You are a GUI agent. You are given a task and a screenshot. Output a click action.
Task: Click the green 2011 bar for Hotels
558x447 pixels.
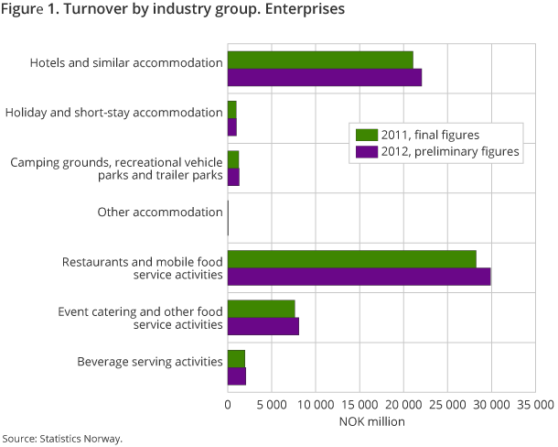[x=320, y=60]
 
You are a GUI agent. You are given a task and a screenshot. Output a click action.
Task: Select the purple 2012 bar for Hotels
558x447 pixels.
[x=325, y=78]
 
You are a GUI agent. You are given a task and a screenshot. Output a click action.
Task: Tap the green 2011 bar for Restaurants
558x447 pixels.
[x=352, y=259]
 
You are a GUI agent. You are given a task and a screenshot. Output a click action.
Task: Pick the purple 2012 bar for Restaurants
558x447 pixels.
[x=359, y=277]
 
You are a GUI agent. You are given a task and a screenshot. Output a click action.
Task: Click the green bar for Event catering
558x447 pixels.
[x=262, y=309]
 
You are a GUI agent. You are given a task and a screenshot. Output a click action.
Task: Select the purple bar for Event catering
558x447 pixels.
[x=263, y=326]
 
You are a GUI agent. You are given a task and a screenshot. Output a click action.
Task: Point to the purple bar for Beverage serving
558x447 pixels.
[x=237, y=376]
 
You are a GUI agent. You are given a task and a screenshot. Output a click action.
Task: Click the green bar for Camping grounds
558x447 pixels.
[x=233, y=159]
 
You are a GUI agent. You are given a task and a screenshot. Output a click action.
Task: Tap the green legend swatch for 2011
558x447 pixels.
[x=367, y=135]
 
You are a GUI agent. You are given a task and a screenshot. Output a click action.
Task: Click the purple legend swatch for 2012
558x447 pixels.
[x=367, y=151]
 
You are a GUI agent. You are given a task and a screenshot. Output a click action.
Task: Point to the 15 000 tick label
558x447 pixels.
[x=359, y=404]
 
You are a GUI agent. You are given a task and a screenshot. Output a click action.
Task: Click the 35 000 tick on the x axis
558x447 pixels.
[x=536, y=404]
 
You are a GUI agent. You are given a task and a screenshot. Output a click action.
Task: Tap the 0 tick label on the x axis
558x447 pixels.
[x=228, y=404]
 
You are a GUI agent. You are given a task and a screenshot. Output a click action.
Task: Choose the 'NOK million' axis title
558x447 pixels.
[x=359, y=421]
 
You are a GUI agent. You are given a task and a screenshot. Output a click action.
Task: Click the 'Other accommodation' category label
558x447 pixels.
[x=160, y=212]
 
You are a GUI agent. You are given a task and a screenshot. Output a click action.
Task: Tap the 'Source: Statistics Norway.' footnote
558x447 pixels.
[x=62, y=438]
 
